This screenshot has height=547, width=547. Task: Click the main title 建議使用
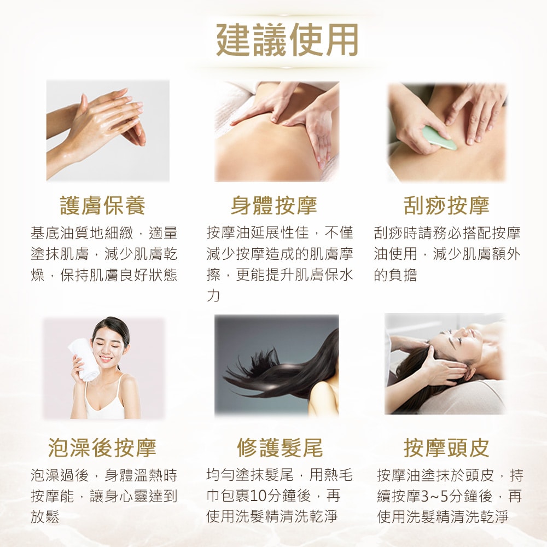tap(288, 40)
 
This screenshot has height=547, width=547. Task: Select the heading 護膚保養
tap(103, 206)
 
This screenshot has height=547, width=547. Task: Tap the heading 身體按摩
tap(274, 206)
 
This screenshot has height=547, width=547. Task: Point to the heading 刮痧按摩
tap(446, 206)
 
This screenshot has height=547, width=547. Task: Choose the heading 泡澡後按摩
tap(102, 447)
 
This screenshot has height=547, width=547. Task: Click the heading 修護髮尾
tap(280, 447)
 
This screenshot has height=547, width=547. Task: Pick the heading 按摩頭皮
tap(446, 447)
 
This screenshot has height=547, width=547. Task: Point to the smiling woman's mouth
tap(106, 358)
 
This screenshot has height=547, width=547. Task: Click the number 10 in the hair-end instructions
tap(258, 496)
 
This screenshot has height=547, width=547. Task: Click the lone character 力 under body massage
tap(213, 295)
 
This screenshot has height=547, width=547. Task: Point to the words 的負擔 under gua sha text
tap(395, 275)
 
